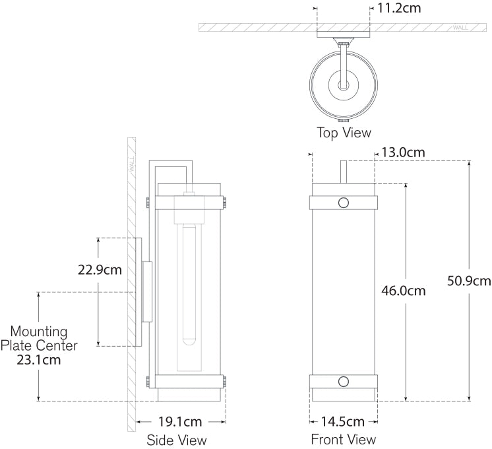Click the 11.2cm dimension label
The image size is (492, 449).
tap(399, 8)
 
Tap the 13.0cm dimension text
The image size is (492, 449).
tap(403, 153)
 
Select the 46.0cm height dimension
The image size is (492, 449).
tap(404, 291)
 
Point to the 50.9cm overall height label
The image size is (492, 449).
tap(469, 281)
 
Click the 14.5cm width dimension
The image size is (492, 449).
tap(342, 421)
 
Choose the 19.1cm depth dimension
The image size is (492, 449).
tap(180, 422)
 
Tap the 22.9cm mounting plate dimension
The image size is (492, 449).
tap(100, 270)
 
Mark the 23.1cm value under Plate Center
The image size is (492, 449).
tap(39, 360)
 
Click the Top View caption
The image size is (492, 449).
tap(344, 133)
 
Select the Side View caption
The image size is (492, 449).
tap(177, 440)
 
